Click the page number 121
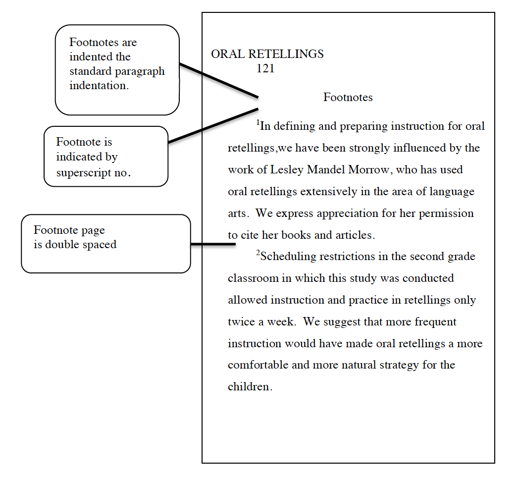pyautogui.click(x=265, y=69)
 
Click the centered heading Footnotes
pyautogui.click(x=348, y=97)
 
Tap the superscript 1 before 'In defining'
pyautogui.click(x=258, y=122)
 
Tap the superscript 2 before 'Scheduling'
pyautogui.click(x=258, y=253)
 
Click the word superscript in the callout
pyautogui.click(x=81, y=173)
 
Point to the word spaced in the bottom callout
pyautogui.click(x=101, y=244)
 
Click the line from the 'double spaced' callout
pyautogui.click(x=213, y=244)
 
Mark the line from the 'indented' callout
pyautogui.click(x=218, y=80)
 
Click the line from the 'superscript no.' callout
pyautogui.click(x=213, y=125)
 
